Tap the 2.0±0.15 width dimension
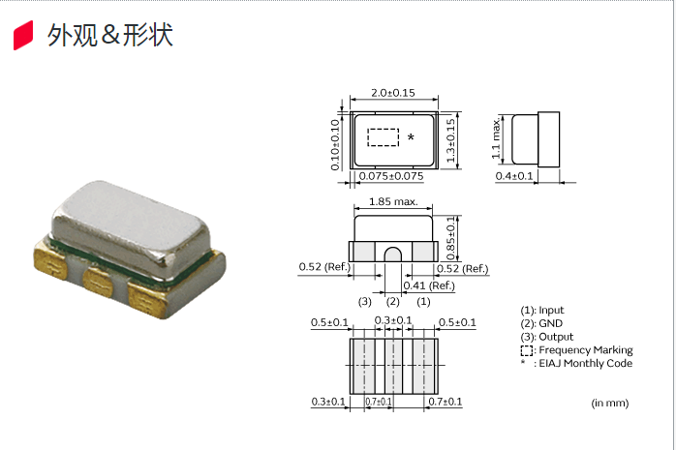point(393,93)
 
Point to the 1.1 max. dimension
point(496,137)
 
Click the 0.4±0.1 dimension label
point(515,176)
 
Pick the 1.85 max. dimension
point(393,202)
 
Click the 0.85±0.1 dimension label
point(451,237)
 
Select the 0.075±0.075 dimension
point(391,176)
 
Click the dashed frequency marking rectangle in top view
point(384,137)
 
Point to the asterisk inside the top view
point(411,138)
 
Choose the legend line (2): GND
point(541,323)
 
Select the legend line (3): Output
point(545,337)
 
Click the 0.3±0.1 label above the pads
point(393,321)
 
